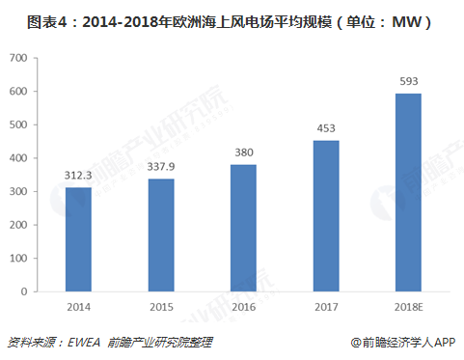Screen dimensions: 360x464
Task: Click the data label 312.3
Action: point(78,176)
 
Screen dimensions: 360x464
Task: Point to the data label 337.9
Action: point(160,167)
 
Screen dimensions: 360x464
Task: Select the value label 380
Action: point(243,152)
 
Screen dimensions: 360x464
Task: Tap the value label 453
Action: point(325,128)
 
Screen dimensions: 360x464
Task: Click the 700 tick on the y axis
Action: point(16,58)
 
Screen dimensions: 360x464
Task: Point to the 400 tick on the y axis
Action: point(16,158)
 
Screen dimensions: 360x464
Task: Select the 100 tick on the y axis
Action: point(16,258)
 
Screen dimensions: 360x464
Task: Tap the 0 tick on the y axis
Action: point(23,291)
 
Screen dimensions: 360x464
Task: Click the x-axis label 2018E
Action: point(408,306)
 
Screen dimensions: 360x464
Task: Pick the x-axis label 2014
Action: point(78,306)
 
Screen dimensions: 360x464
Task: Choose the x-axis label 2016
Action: point(243,306)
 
